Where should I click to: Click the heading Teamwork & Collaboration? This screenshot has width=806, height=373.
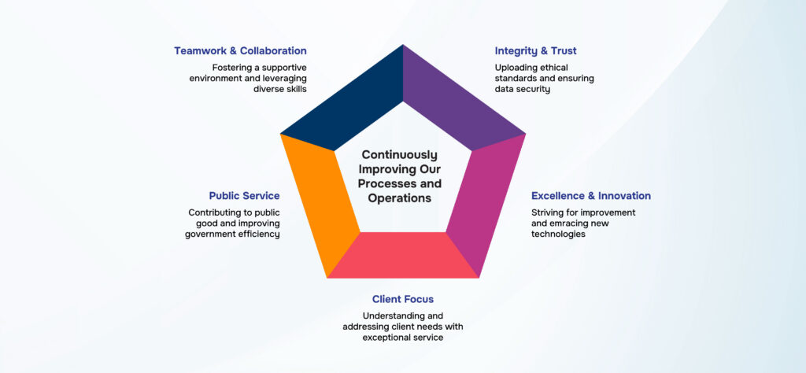tap(241, 51)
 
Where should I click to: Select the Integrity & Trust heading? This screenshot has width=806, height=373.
tap(535, 51)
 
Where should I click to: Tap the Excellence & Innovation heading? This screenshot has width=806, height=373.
tap(591, 196)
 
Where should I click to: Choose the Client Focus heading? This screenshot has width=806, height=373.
tap(403, 299)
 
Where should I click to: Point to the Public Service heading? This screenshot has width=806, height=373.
tap(244, 196)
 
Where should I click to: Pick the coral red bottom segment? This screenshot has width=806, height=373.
tap(403, 255)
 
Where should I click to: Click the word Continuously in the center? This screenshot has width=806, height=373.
tap(399, 155)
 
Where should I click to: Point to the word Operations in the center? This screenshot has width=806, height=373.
tap(399, 198)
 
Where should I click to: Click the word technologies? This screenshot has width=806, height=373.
tap(558, 235)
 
